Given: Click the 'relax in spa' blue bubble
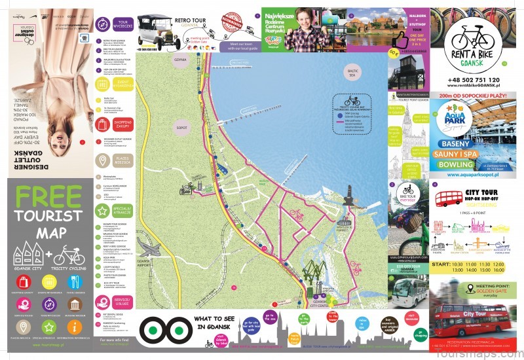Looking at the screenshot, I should coord(362,321).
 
